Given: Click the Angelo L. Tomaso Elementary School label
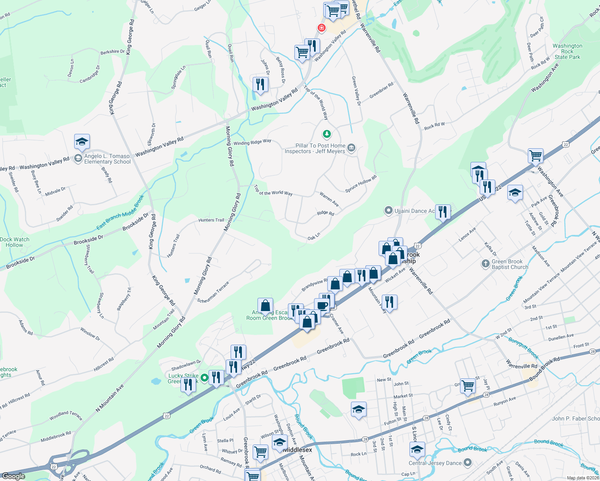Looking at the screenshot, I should [107, 159].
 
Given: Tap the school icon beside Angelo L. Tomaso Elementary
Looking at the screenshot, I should [82, 142].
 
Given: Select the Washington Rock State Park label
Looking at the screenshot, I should [567, 51].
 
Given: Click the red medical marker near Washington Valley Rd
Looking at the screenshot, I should [321, 28].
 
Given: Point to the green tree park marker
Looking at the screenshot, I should [327, 134].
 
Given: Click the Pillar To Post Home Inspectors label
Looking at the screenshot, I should [315, 148].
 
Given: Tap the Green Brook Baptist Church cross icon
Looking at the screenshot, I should [486, 264].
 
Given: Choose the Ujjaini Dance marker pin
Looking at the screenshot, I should [388, 210].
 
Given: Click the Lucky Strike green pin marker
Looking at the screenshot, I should [204, 378].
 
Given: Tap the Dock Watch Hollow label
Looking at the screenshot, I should [14, 242].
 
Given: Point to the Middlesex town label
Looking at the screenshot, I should [297, 450].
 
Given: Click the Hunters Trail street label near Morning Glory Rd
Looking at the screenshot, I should [211, 220].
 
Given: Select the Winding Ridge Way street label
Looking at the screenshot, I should [252, 142].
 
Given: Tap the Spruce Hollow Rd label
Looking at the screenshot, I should [361, 184].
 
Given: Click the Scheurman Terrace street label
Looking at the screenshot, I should [213, 292].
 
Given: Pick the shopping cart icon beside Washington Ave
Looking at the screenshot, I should [536, 156].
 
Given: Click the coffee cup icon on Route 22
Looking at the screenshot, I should [322, 306].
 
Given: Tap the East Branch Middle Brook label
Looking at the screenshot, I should [120, 212].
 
